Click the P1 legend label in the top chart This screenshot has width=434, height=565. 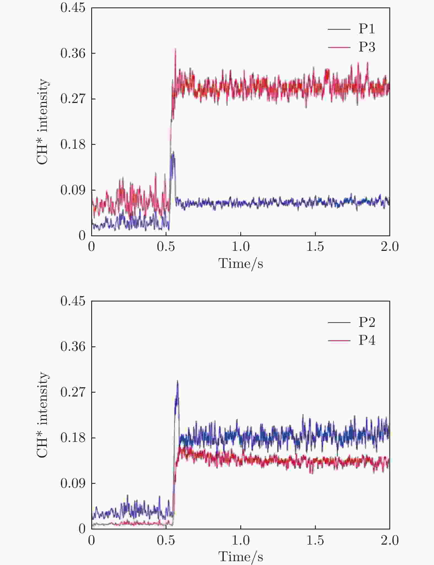coord(367,29)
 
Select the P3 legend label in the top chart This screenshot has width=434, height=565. coord(367,47)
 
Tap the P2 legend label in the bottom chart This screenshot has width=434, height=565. coord(367,322)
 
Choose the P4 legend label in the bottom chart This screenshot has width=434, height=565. coord(367,340)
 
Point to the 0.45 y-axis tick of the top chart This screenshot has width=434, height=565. coord(73,8)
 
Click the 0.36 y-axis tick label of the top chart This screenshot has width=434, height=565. coord(73,53)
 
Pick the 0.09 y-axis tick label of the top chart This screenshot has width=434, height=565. coord(73,190)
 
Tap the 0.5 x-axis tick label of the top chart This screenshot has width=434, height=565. coord(166,247)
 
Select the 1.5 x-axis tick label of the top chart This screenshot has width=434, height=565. coord(315,247)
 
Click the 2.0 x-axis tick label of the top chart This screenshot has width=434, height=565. coord(390,247)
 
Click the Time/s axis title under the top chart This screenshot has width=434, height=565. coord(241,264)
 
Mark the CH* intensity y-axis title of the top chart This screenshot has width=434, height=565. coord(42,122)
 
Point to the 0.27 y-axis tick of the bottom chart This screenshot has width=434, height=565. coord(73,392)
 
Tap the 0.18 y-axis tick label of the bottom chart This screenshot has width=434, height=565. coord(73,438)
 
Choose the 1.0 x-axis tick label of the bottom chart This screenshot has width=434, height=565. coord(241,540)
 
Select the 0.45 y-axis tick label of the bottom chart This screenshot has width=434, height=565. coord(73,301)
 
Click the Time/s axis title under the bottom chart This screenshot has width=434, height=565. coord(241,557)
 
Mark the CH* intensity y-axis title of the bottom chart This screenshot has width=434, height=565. coord(42,415)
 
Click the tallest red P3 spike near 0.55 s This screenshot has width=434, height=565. coord(176,49)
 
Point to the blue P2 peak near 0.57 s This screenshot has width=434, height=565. coord(177,381)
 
